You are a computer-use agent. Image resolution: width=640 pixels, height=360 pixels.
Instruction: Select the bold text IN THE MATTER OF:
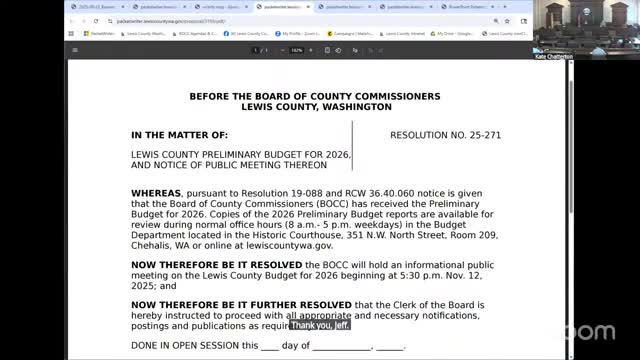point(179,133)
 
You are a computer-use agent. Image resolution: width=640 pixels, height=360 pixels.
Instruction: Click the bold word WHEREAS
point(155,190)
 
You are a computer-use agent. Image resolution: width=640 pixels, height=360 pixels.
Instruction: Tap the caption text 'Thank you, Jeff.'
point(319,325)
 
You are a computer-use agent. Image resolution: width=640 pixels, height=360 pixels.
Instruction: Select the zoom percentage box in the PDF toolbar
point(297,49)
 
